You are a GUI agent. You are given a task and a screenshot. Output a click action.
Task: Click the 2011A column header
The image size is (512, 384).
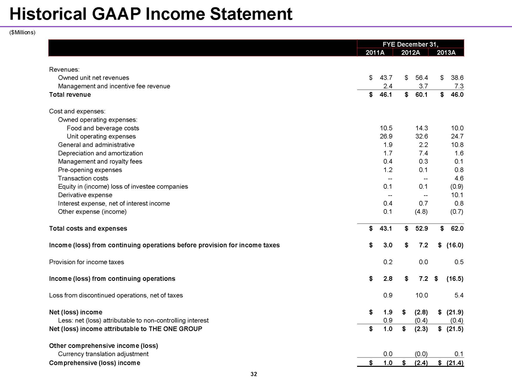[x=375, y=52]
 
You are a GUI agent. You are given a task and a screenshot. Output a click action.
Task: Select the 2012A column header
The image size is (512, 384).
[x=410, y=52]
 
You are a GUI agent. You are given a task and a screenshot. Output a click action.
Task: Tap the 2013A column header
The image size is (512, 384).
[x=446, y=52]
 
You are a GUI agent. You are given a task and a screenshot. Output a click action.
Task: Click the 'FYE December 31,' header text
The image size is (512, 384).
[x=410, y=44]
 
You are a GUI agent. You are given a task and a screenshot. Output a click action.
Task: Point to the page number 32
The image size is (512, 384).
[x=253, y=374]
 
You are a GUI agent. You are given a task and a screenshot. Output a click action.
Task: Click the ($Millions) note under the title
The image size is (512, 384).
[x=23, y=32]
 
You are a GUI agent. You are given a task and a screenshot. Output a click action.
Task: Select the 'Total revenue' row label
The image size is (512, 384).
[x=70, y=95]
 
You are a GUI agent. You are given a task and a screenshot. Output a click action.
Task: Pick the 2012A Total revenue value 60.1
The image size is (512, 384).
[x=420, y=95]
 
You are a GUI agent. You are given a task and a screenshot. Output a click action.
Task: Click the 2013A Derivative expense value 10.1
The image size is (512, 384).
[x=456, y=195]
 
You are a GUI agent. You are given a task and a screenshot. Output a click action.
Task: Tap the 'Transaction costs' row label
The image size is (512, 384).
[x=83, y=179]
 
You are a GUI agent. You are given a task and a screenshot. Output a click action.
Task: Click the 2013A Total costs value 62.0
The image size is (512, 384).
[x=456, y=229]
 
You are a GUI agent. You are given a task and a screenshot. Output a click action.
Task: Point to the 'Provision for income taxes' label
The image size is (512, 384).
[x=86, y=262]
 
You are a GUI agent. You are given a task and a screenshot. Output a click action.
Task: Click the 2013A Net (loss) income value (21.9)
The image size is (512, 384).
[x=454, y=312]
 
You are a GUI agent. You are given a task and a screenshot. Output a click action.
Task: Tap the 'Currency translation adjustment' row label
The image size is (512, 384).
[x=103, y=354]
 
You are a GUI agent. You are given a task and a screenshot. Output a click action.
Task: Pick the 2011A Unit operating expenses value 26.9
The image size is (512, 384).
[x=385, y=136]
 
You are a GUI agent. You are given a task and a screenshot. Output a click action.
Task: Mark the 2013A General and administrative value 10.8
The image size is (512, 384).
[x=456, y=145]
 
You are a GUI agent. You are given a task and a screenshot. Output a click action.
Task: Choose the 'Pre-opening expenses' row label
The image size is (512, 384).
[x=90, y=170]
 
